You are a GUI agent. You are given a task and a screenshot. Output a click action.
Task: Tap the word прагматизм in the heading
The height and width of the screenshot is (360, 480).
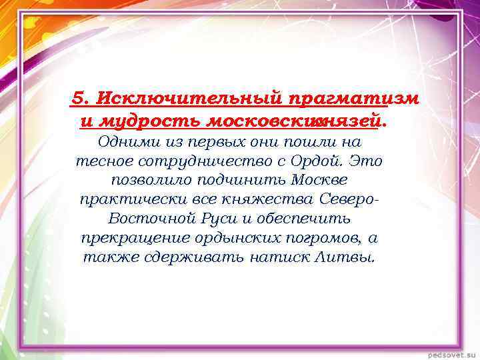click(354, 98)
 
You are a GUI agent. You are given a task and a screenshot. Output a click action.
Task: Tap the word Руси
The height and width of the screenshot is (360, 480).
click(214, 219)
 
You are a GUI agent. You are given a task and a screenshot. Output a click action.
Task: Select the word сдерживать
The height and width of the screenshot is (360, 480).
click(180, 257)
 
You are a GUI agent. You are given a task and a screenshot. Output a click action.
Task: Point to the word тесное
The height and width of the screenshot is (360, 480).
click(101, 161)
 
